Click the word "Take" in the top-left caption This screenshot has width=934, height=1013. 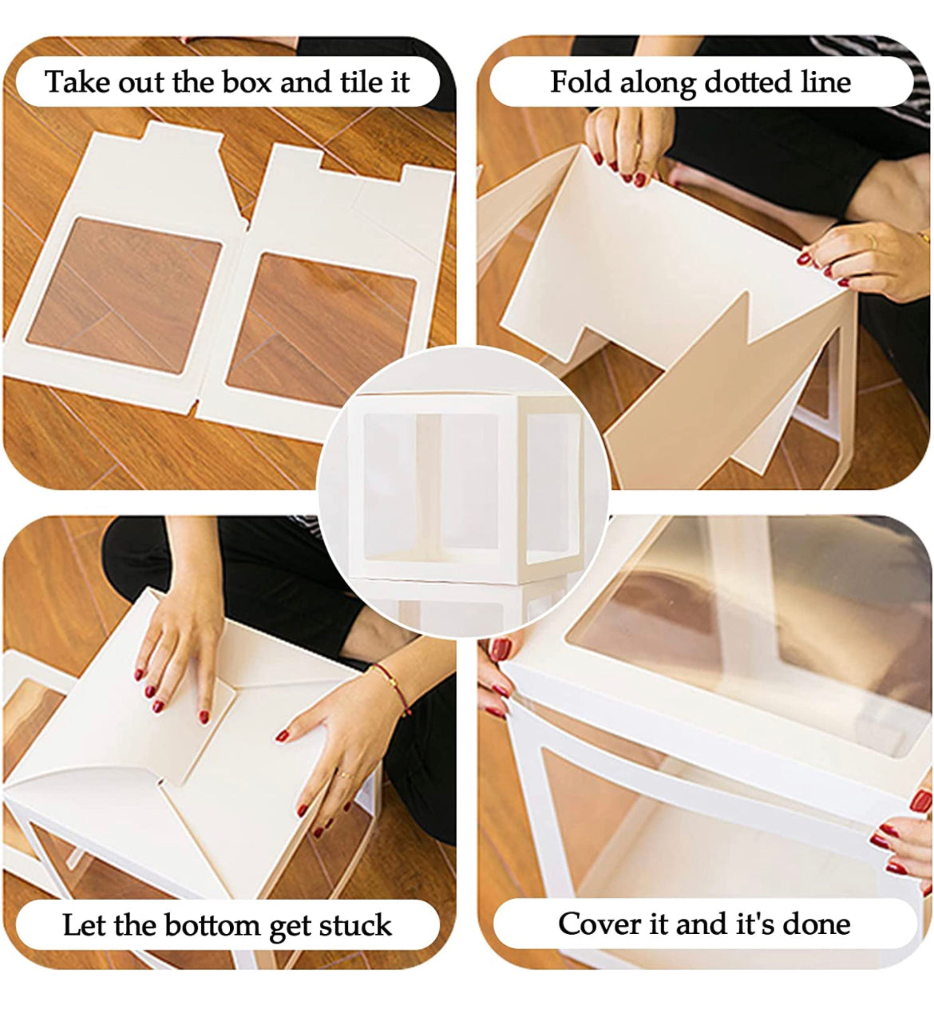[77, 81]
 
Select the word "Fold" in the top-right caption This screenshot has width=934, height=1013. [580, 81]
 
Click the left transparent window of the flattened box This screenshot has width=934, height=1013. [125, 295]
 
